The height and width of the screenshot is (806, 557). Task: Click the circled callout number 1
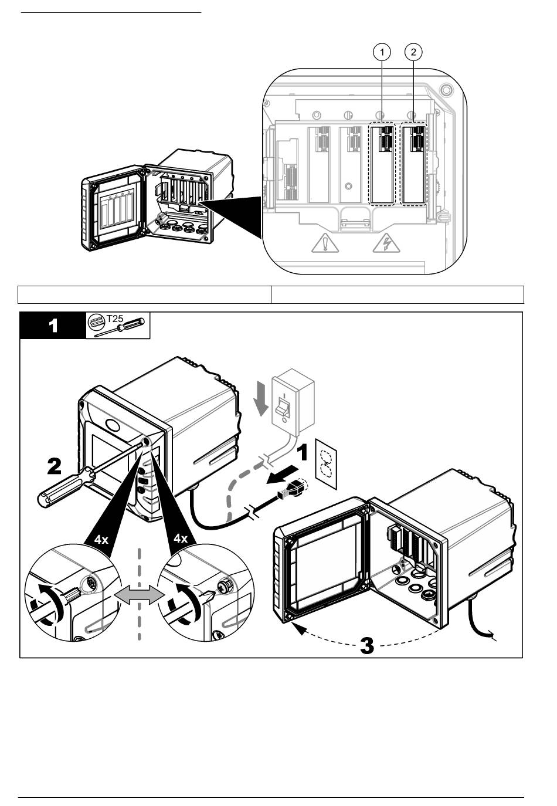pos(382,52)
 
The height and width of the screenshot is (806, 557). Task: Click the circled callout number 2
pos(414,52)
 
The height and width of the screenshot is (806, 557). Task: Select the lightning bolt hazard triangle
pos(384,242)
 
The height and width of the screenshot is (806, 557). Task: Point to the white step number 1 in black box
pos(53,326)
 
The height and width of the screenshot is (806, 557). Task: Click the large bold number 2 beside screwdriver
pos(55,466)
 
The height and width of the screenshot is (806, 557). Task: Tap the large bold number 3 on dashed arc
pos(366,646)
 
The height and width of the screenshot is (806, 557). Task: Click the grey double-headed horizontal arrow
pos(139,595)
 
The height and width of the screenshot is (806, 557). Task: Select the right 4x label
pos(181,539)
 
